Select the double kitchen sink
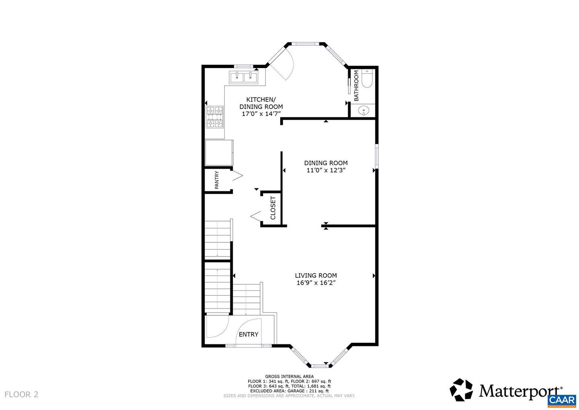click(244, 77)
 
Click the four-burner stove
click(215, 117)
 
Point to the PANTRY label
click(217, 180)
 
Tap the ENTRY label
click(248, 334)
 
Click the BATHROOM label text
click(356, 86)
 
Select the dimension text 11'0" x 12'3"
click(326, 170)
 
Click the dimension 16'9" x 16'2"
click(316, 283)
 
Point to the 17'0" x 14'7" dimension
click(261, 114)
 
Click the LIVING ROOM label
click(316, 275)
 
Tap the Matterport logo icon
click(461, 390)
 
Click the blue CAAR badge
click(562, 400)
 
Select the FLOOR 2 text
click(21, 394)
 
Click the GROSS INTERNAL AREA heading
click(289, 377)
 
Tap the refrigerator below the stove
click(219, 153)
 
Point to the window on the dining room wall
click(377, 156)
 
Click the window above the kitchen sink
click(243, 66)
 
